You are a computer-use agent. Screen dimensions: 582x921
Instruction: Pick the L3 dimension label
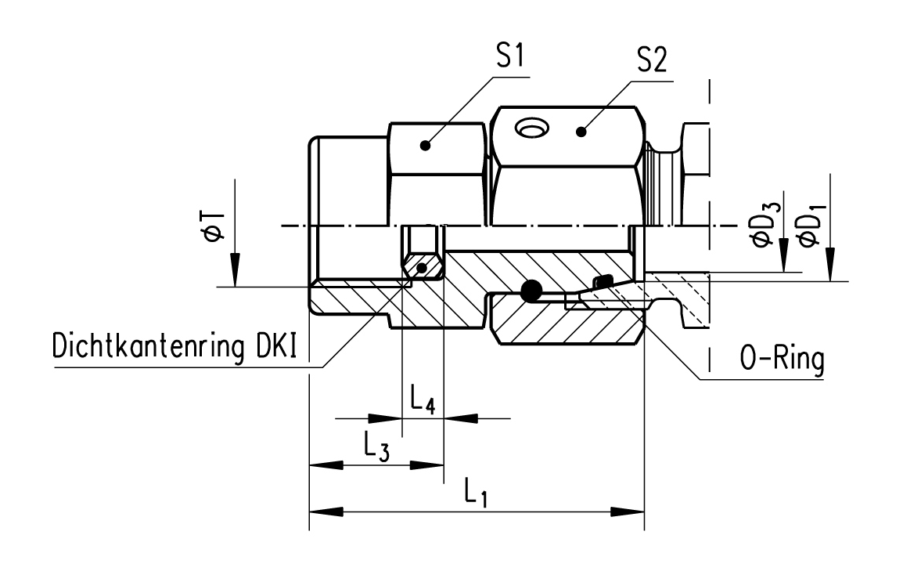[376, 447]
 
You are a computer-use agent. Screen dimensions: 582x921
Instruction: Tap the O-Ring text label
[782, 362]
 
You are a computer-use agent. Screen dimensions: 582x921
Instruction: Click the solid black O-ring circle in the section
[531, 291]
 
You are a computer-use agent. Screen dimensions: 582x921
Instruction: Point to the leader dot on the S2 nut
[580, 132]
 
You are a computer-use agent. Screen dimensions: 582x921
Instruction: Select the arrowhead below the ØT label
[233, 271]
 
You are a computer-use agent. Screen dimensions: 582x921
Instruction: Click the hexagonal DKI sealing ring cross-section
[423, 267]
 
